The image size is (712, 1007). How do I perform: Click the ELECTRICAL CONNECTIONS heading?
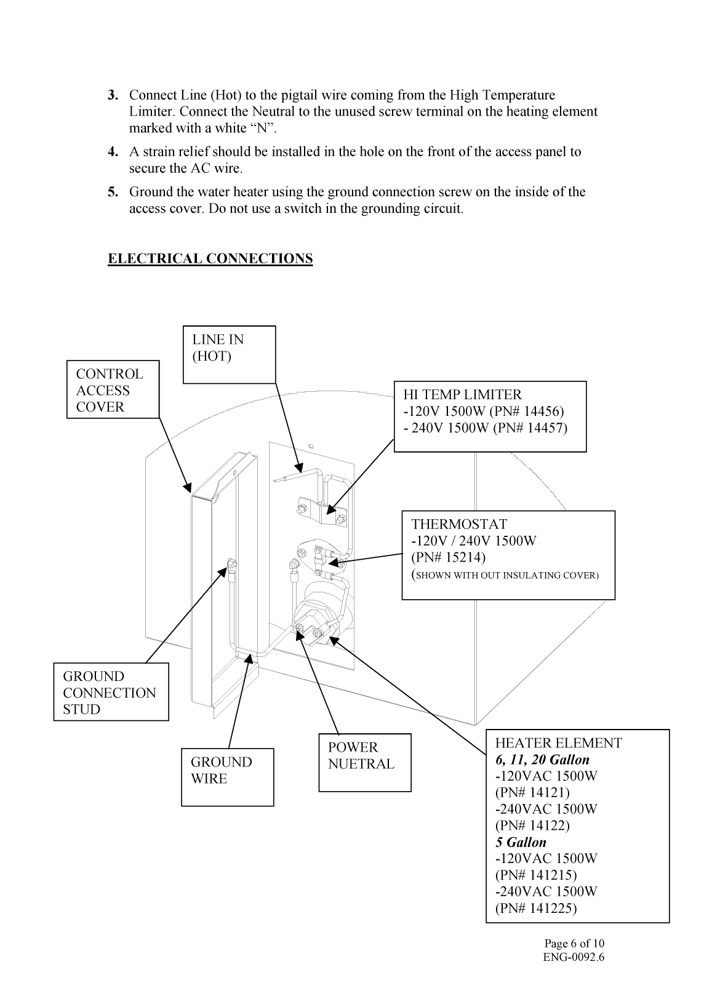point(210,258)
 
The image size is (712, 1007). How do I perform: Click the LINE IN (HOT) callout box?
point(229,354)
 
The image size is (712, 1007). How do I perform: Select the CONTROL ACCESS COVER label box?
point(113,390)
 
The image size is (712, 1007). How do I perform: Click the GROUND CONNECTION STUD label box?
point(111,692)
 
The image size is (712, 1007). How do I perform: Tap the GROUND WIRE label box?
point(227,776)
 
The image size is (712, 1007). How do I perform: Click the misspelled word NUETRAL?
point(361,764)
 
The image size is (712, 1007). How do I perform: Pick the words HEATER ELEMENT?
point(558,743)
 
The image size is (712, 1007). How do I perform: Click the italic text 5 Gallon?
point(521,842)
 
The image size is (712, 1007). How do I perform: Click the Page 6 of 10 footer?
point(574,944)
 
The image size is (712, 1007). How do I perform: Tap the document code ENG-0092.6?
point(574,957)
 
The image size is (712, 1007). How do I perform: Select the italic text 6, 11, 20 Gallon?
point(542,760)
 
